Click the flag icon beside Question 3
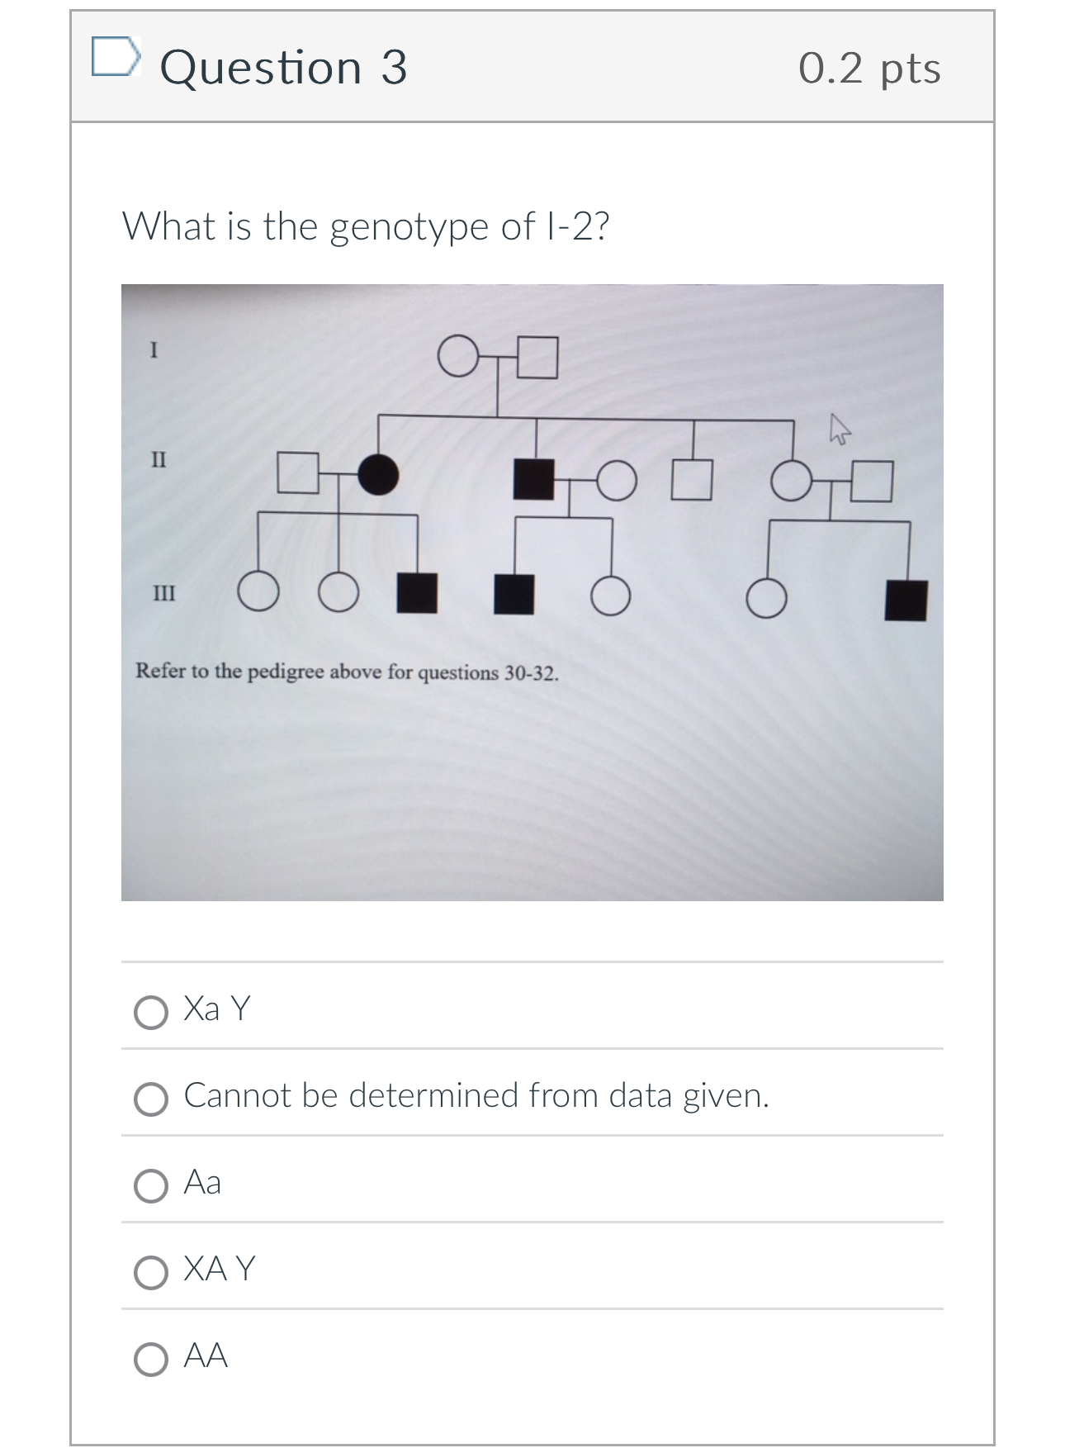(115, 56)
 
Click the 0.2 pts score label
(869, 68)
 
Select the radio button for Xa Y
(151, 1012)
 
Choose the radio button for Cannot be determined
(151, 1099)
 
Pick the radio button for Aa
(151, 1185)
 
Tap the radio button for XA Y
(151, 1272)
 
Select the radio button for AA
(151, 1359)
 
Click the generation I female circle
(457, 356)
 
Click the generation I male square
(537, 357)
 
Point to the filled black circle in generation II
(378, 474)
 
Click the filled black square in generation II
(533, 479)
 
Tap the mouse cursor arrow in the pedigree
(838, 430)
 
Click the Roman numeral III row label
(163, 593)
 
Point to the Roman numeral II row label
(159, 459)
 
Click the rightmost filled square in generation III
(906, 601)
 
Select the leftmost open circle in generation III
(258, 592)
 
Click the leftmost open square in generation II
(298, 472)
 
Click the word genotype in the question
(410, 226)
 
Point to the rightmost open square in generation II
(872, 482)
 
